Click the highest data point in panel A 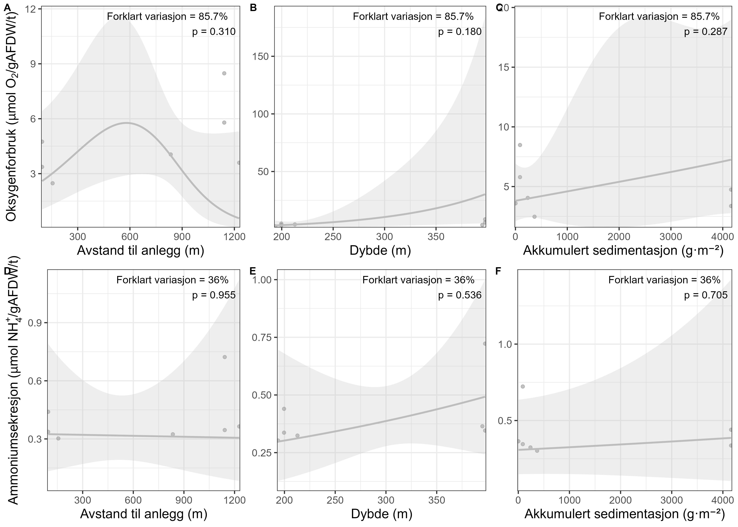tap(224, 73)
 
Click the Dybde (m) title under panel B tap(380, 251)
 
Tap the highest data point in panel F tap(523, 386)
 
